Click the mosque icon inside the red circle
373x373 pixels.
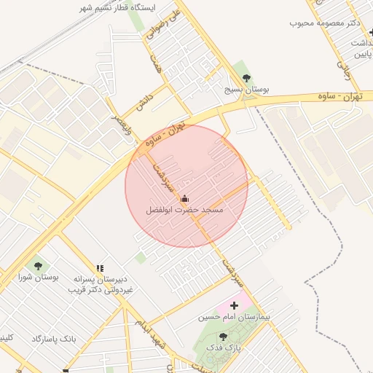[184, 198]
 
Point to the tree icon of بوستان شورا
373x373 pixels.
[38, 267]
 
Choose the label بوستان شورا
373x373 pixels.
[38, 278]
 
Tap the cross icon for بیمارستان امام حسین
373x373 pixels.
[234, 306]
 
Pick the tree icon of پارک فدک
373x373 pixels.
[223, 337]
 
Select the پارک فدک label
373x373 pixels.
[223, 348]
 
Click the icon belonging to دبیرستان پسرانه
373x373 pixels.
[100, 268]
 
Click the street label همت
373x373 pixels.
[155, 62]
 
